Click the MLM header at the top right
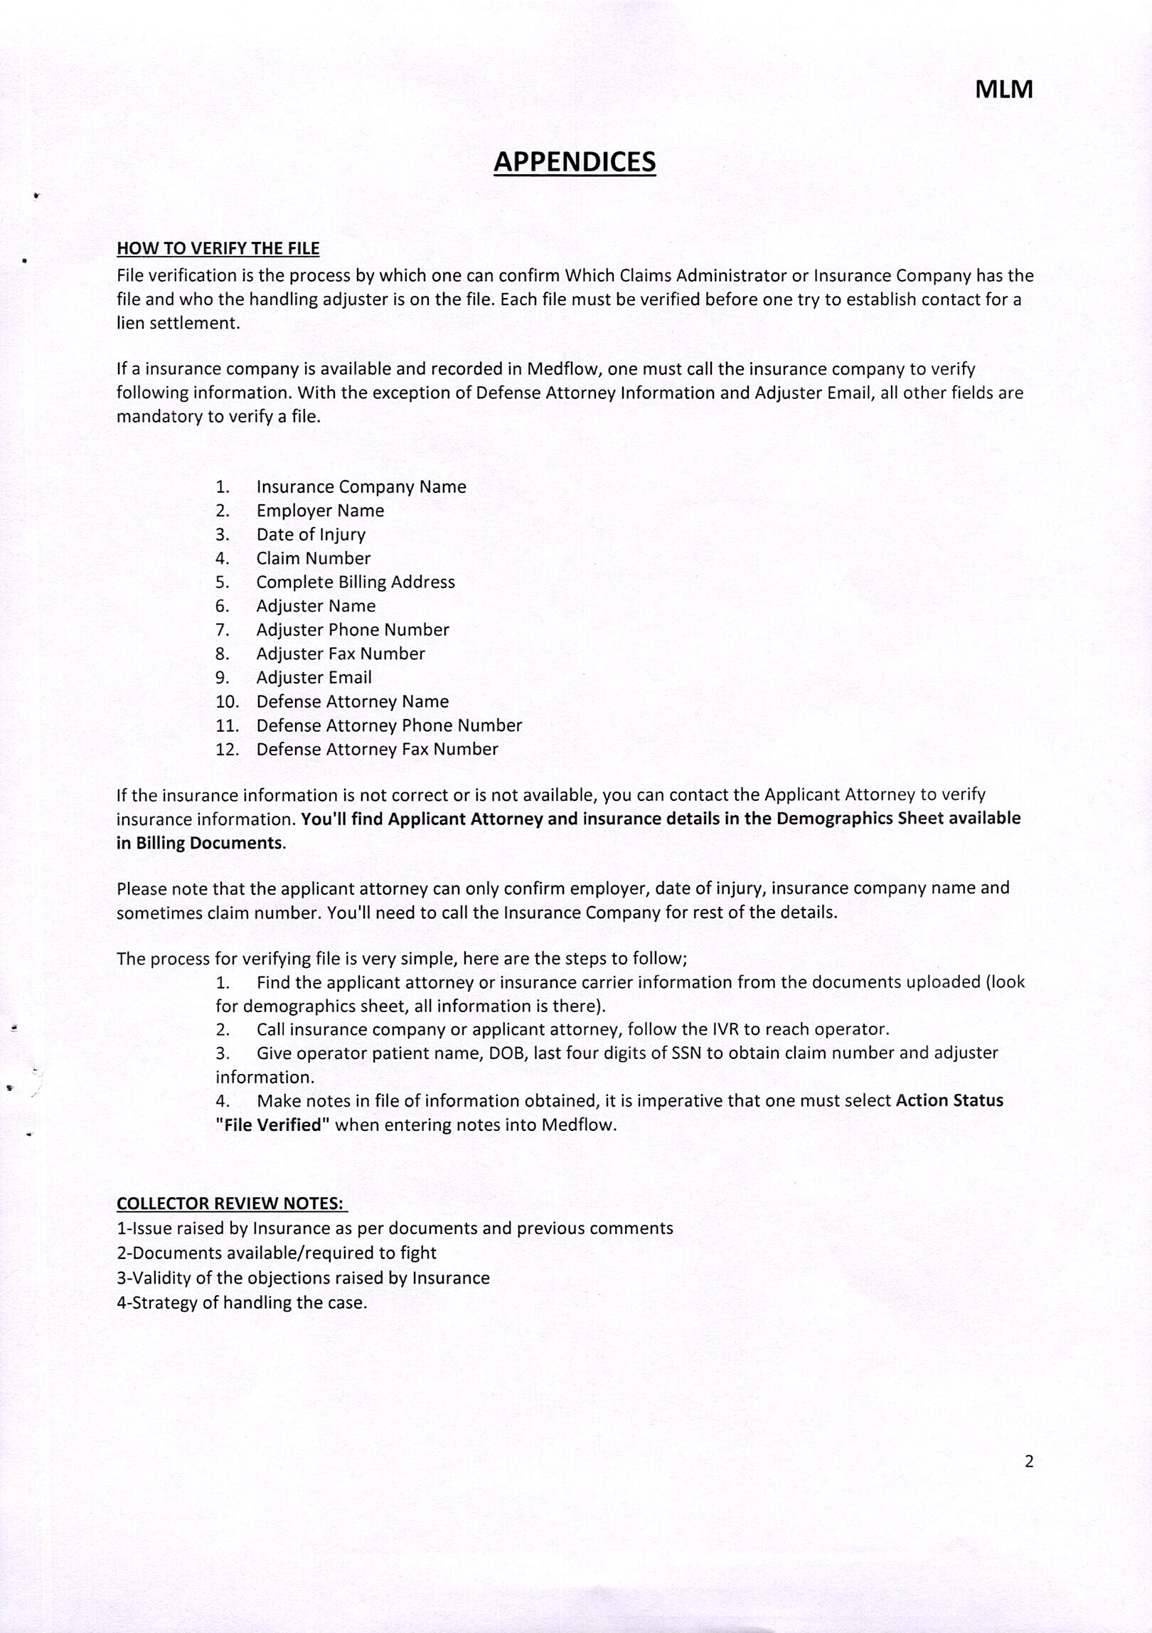[1003, 90]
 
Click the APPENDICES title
[575, 162]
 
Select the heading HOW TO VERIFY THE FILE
[218, 248]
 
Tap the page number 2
[1028, 1461]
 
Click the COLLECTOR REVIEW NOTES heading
[232, 1203]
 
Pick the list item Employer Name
[320, 511]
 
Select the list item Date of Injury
[311, 535]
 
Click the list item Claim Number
[313, 558]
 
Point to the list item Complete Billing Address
[355, 583]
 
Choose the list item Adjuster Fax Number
[340, 654]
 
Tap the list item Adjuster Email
[314, 678]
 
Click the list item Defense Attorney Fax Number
[377, 750]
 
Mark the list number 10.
[227, 702]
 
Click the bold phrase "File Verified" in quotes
[272, 1125]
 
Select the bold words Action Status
[949, 1101]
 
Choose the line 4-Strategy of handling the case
[242, 1303]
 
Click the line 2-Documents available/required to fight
[276, 1253]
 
